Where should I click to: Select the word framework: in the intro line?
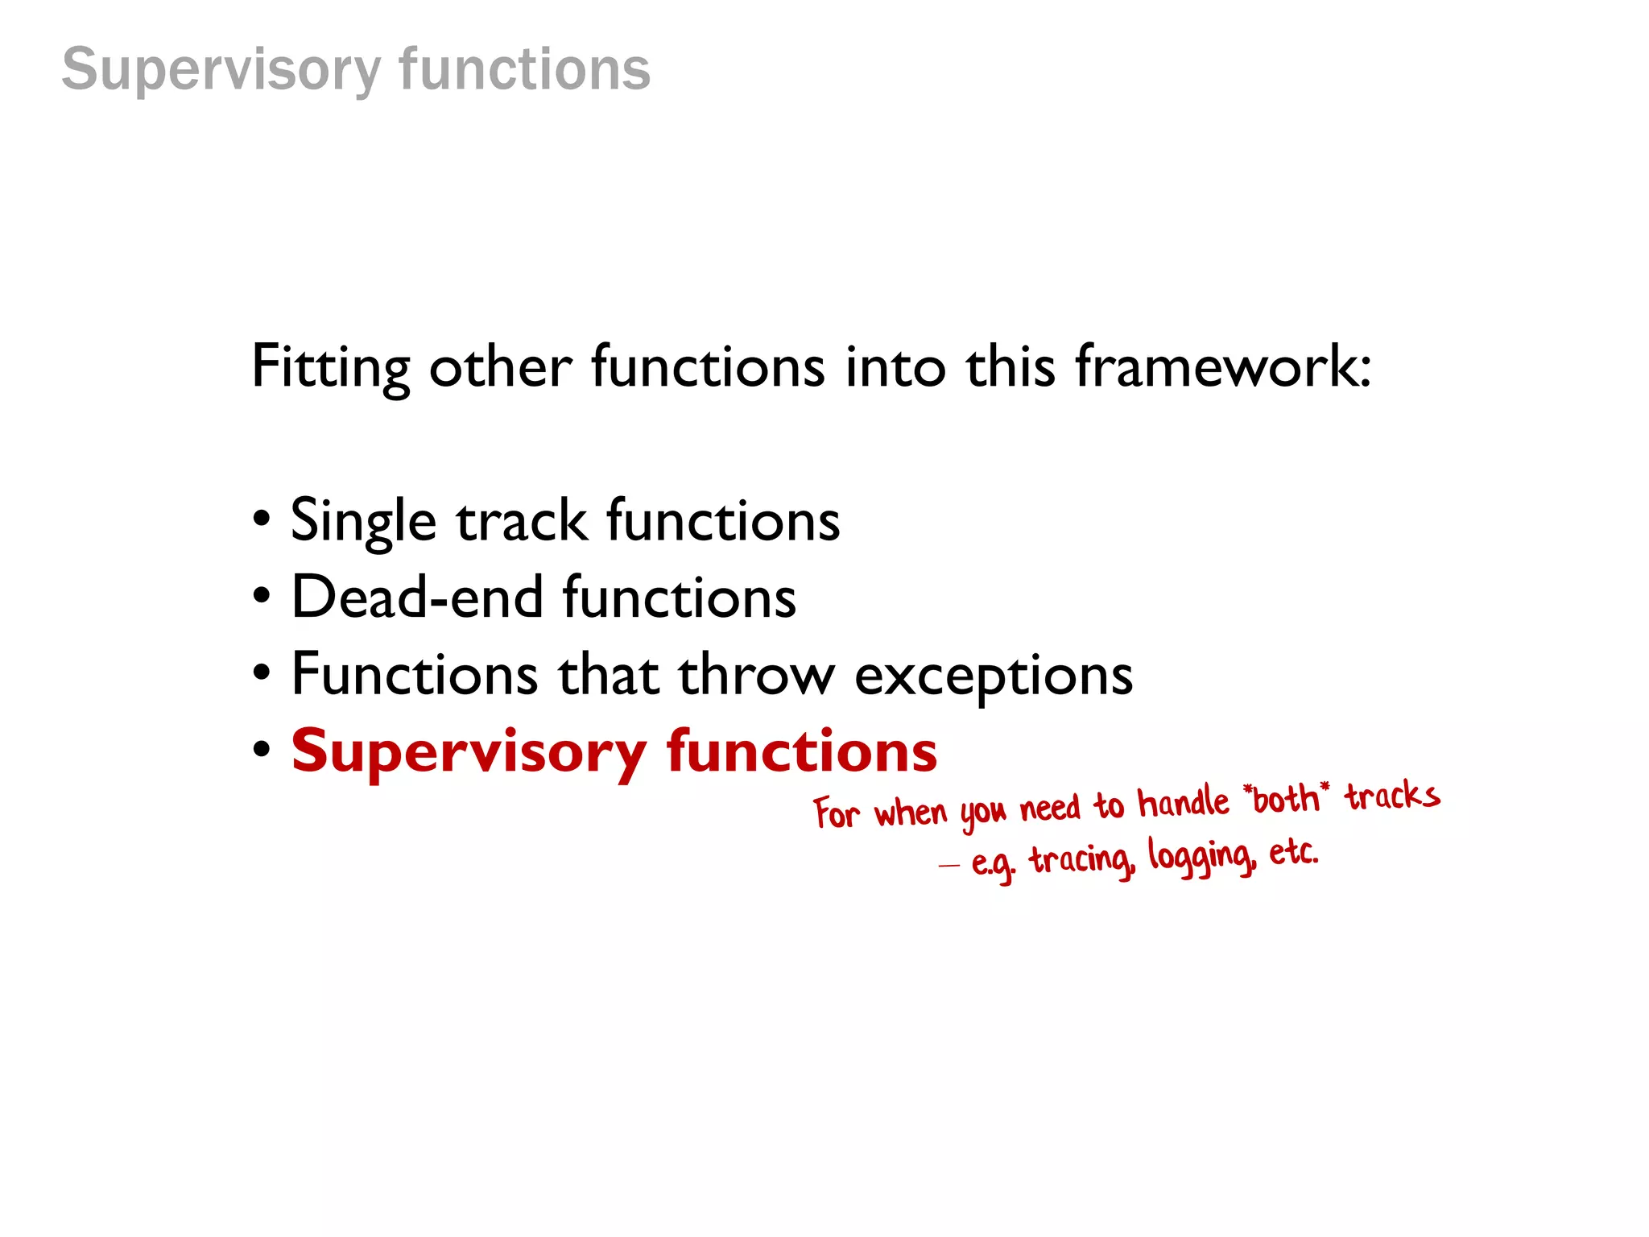[1223, 367]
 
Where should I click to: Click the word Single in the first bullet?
[363, 522]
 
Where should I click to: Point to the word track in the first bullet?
[522, 520]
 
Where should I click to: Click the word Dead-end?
[417, 598]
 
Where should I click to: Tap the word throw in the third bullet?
[757, 675]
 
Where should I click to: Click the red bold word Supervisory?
[469, 752]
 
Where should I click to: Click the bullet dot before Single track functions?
[262, 520]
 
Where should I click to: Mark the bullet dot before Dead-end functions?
[262, 598]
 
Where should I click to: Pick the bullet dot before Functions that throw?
[262, 674]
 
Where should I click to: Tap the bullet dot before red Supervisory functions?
[262, 751]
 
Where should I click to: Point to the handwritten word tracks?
[1392, 795]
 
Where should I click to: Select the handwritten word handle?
[1183, 803]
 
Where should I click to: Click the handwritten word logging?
[1201, 857]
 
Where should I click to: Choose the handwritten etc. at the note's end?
[1293, 852]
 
